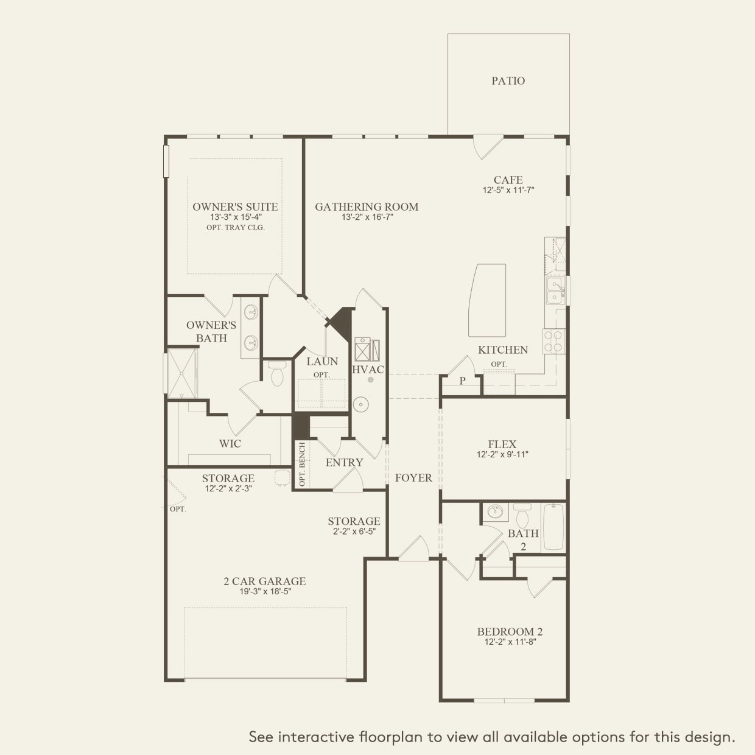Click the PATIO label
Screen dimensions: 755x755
point(508,80)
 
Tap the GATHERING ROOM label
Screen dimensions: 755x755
point(367,207)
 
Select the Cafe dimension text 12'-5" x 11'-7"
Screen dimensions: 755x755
point(508,190)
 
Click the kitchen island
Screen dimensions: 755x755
point(487,300)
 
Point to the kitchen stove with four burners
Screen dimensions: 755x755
point(554,341)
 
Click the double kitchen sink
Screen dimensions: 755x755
point(554,290)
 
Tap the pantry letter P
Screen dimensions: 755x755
point(462,381)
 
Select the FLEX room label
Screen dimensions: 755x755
point(502,444)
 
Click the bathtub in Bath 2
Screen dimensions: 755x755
point(553,527)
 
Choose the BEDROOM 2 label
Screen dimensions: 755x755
point(510,631)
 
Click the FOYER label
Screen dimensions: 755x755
point(413,478)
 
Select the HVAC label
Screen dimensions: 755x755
point(368,370)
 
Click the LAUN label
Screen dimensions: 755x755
point(322,362)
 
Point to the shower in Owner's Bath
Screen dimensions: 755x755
point(183,373)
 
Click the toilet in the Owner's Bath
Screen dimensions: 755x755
point(277,374)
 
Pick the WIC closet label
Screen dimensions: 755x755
point(230,444)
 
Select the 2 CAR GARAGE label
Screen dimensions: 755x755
point(264,581)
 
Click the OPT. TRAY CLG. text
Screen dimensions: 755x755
point(235,228)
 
